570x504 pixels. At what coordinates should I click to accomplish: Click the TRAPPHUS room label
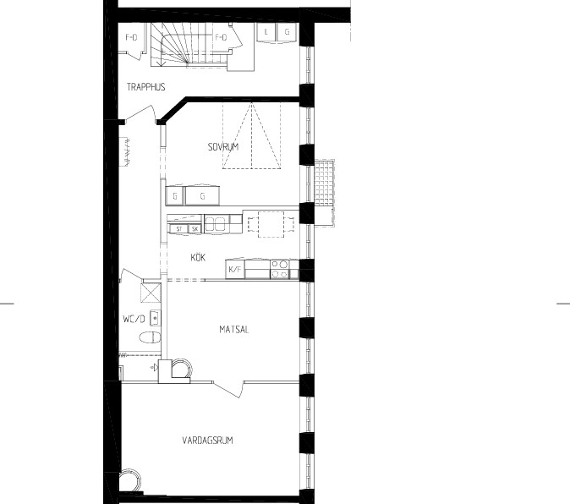[146, 87]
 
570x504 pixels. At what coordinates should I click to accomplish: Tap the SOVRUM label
[223, 147]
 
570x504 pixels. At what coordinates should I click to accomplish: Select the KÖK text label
[198, 258]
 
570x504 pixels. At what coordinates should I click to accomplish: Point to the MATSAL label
[234, 330]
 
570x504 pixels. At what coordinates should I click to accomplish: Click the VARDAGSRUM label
[207, 441]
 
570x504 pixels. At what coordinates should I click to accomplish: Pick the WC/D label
[134, 319]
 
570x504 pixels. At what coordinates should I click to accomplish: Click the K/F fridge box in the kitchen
[235, 269]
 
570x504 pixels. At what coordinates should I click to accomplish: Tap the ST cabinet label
[178, 229]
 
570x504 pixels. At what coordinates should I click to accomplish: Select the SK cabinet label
[195, 229]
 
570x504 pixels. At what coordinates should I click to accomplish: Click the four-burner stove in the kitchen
[280, 269]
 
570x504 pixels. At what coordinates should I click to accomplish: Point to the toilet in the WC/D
[151, 337]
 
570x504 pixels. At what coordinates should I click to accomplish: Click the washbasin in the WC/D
[156, 319]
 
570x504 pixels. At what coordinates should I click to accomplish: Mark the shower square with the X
[151, 293]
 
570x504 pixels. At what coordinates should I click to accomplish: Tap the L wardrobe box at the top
[266, 32]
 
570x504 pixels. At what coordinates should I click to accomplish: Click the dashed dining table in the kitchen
[271, 224]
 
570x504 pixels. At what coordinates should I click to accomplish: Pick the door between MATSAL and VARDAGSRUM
[228, 389]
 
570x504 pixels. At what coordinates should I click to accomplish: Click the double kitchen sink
[216, 224]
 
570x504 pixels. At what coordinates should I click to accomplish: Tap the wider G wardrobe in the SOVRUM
[202, 196]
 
